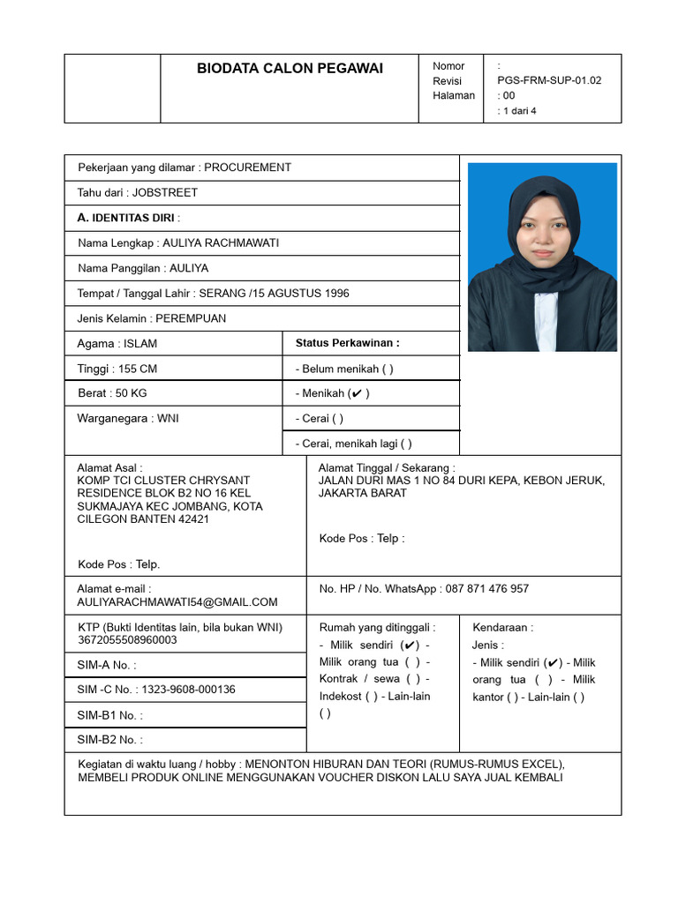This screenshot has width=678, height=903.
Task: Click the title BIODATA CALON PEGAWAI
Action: point(290,69)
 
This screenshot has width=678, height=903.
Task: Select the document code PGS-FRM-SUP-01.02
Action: point(550,80)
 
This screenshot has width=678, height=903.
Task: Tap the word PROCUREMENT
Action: point(248,168)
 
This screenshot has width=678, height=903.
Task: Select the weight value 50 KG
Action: point(134,393)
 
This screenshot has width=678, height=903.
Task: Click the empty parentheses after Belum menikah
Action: point(388,369)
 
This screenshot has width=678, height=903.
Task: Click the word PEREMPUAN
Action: point(191,318)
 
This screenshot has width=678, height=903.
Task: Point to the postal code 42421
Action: point(193,519)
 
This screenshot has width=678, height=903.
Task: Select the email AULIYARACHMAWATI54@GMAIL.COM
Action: point(177,602)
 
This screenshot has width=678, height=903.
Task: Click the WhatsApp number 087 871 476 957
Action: point(487,588)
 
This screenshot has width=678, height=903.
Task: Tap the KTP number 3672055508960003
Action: point(127,640)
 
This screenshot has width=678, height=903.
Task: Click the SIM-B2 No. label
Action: point(109,740)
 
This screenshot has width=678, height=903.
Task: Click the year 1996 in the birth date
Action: point(331,294)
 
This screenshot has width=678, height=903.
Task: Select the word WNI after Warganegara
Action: point(168,418)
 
